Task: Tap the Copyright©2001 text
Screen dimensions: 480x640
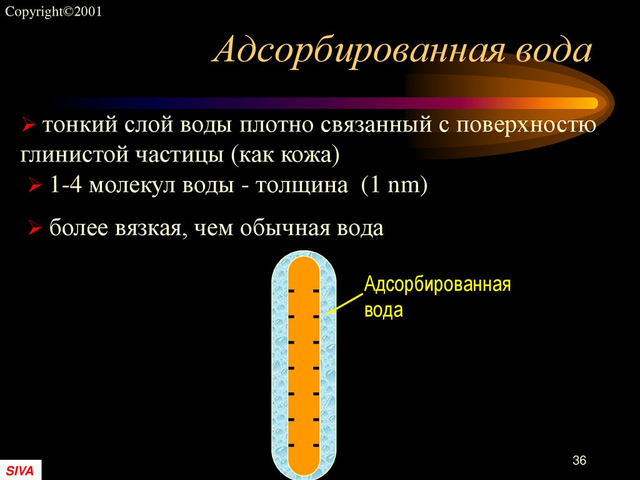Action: [52, 12]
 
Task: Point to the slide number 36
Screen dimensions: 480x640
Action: [579, 461]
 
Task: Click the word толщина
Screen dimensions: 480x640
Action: [301, 186]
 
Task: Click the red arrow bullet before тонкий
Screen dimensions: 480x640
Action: [27, 126]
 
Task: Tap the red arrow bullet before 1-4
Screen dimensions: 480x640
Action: [36, 186]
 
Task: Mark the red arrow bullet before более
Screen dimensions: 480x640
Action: [36, 228]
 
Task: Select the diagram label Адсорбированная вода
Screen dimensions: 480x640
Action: [437, 297]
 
